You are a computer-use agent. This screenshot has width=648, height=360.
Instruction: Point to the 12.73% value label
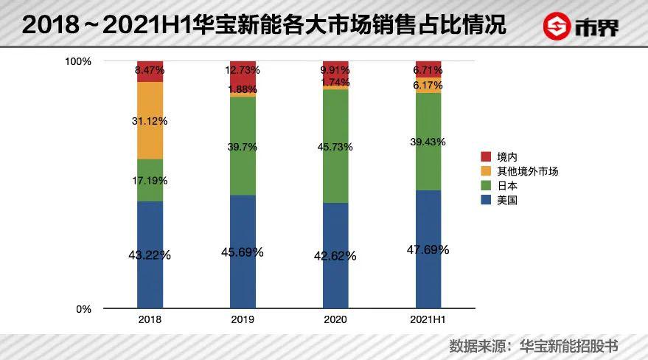pyautogui.click(x=243, y=70)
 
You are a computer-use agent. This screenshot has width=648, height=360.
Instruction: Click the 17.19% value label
pyautogui.click(x=150, y=180)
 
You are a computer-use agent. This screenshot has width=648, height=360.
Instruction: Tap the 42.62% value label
pyautogui.click(x=335, y=256)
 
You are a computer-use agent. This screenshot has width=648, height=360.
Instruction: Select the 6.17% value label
pyautogui.click(x=428, y=86)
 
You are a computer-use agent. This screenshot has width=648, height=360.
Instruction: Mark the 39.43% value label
pyautogui.click(x=428, y=142)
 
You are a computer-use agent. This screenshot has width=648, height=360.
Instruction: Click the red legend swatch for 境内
pyautogui.click(x=486, y=157)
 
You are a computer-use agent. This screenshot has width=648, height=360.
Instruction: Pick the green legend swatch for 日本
pyautogui.click(x=486, y=185)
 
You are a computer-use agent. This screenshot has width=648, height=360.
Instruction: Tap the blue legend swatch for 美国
pyautogui.click(x=486, y=199)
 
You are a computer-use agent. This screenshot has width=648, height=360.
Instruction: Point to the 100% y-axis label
pyautogui.click(x=77, y=61)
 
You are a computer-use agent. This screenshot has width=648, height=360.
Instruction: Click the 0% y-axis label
pyautogui.click(x=83, y=309)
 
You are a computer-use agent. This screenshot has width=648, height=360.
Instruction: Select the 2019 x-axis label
pyautogui.click(x=243, y=320)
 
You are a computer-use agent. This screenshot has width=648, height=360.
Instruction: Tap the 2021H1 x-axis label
pyautogui.click(x=428, y=320)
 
